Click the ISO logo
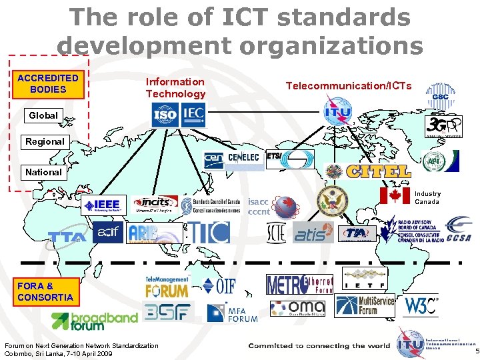click(x=165, y=115)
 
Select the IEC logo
click(x=193, y=115)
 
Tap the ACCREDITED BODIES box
click(x=48, y=84)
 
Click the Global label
click(x=43, y=115)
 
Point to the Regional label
click(x=45, y=141)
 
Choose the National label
click(x=43, y=172)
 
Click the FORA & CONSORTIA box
click(x=45, y=292)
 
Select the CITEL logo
click(x=377, y=171)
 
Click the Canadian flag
click(x=395, y=195)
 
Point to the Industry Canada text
click(x=427, y=198)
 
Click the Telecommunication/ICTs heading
click(x=349, y=85)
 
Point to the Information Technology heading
click(x=176, y=87)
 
